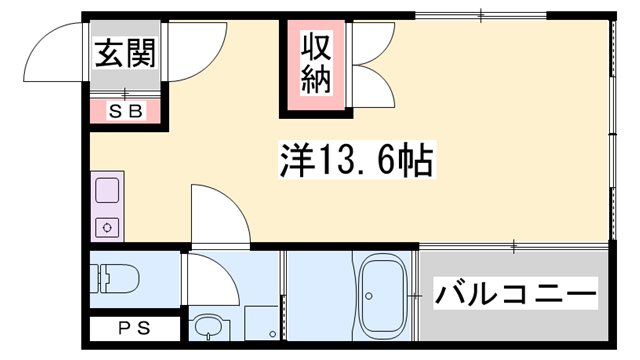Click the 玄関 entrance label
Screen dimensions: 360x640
(x=126, y=54)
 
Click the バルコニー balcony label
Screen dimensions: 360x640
(x=515, y=295)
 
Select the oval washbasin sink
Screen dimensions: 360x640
(x=208, y=327)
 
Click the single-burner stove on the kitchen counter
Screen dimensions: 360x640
(x=106, y=226)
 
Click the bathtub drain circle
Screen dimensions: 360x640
(x=369, y=295)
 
